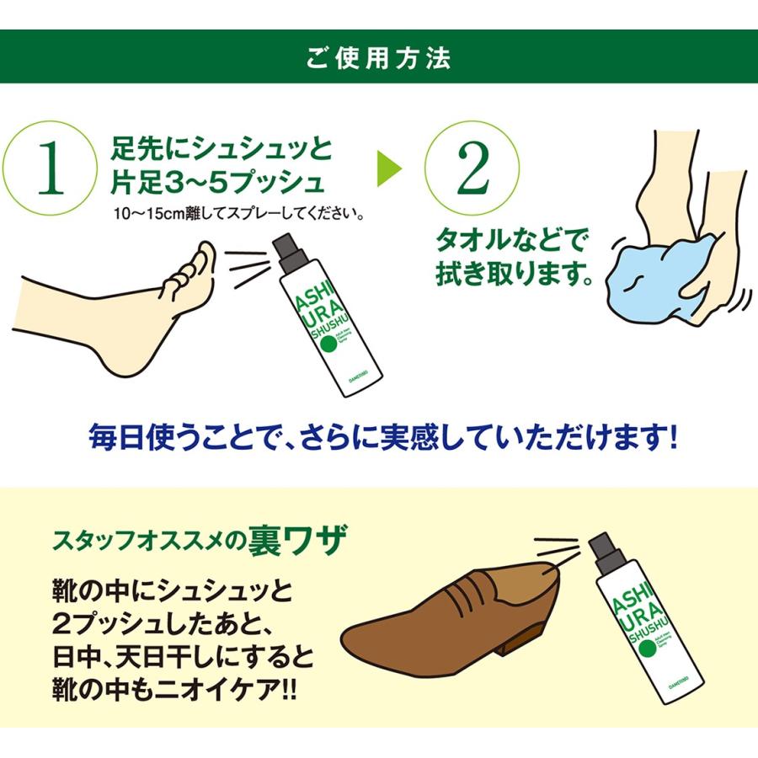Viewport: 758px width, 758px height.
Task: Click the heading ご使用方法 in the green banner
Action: pos(378,57)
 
